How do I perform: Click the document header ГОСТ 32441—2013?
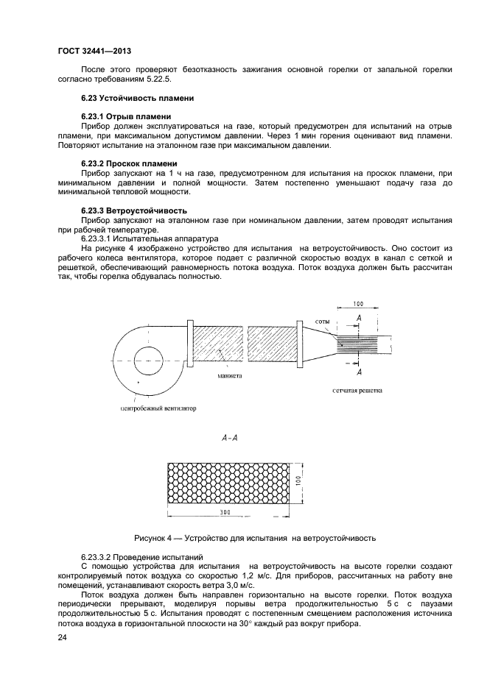click(89, 52)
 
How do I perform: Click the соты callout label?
click(323, 322)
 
